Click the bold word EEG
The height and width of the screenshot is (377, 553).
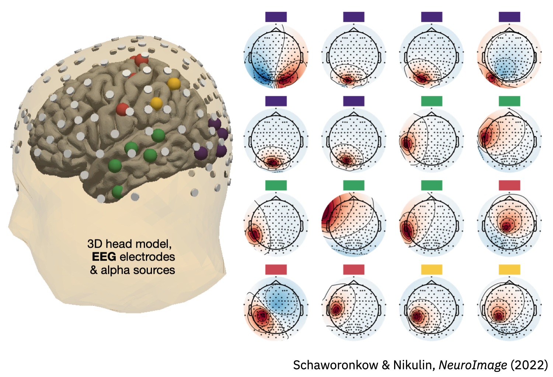pyautogui.click(x=104, y=257)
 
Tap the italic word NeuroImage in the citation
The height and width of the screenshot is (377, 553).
pyautogui.click(x=473, y=365)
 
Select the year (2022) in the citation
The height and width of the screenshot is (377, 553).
pyautogui.click(x=529, y=365)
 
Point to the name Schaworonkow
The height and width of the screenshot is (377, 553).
pyautogui.click(x=335, y=365)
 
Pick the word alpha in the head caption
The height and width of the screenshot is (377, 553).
pyautogui.click(x=115, y=270)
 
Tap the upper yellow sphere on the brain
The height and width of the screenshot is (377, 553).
pyautogui.click(x=173, y=84)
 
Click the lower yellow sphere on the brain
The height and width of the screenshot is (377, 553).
pyautogui.click(x=156, y=103)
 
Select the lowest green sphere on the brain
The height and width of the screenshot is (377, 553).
pyautogui.click(x=117, y=191)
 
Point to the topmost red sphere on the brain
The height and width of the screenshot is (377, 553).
pyautogui.click(x=141, y=60)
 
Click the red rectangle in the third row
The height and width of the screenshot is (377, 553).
pyautogui.click(x=509, y=185)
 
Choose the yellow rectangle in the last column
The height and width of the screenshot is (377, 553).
pyautogui.click(x=509, y=269)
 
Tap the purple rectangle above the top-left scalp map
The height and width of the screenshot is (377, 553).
pyautogui.click(x=276, y=17)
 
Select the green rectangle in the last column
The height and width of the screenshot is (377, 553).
pyautogui.click(x=509, y=101)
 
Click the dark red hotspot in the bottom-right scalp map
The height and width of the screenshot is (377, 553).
pyautogui.click(x=498, y=316)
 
